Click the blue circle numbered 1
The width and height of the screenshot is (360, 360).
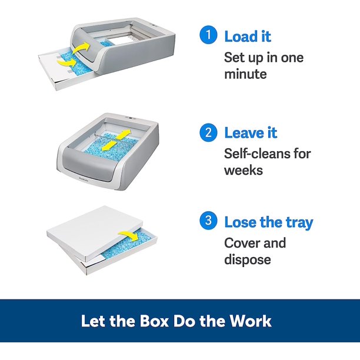tap(208, 35)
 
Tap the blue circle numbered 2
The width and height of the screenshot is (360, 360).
tap(208, 132)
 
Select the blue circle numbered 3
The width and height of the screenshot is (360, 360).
tap(208, 221)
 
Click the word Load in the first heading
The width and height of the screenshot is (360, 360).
tap(241, 36)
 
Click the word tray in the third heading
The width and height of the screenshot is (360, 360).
tap(299, 223)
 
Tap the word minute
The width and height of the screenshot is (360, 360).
tap(245, 74)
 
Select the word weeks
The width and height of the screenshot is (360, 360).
tap(244, 171)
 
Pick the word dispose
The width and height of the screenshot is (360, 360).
tap(248, 260)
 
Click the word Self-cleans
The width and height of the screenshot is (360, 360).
tap(254, 154)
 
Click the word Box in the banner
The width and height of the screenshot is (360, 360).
tap(154, 321)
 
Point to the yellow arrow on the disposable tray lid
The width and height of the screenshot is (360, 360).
tap(128, 236)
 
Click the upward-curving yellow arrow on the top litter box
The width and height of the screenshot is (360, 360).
tap(81, 48)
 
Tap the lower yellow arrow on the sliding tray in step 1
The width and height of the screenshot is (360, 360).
tap(67, 62)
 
